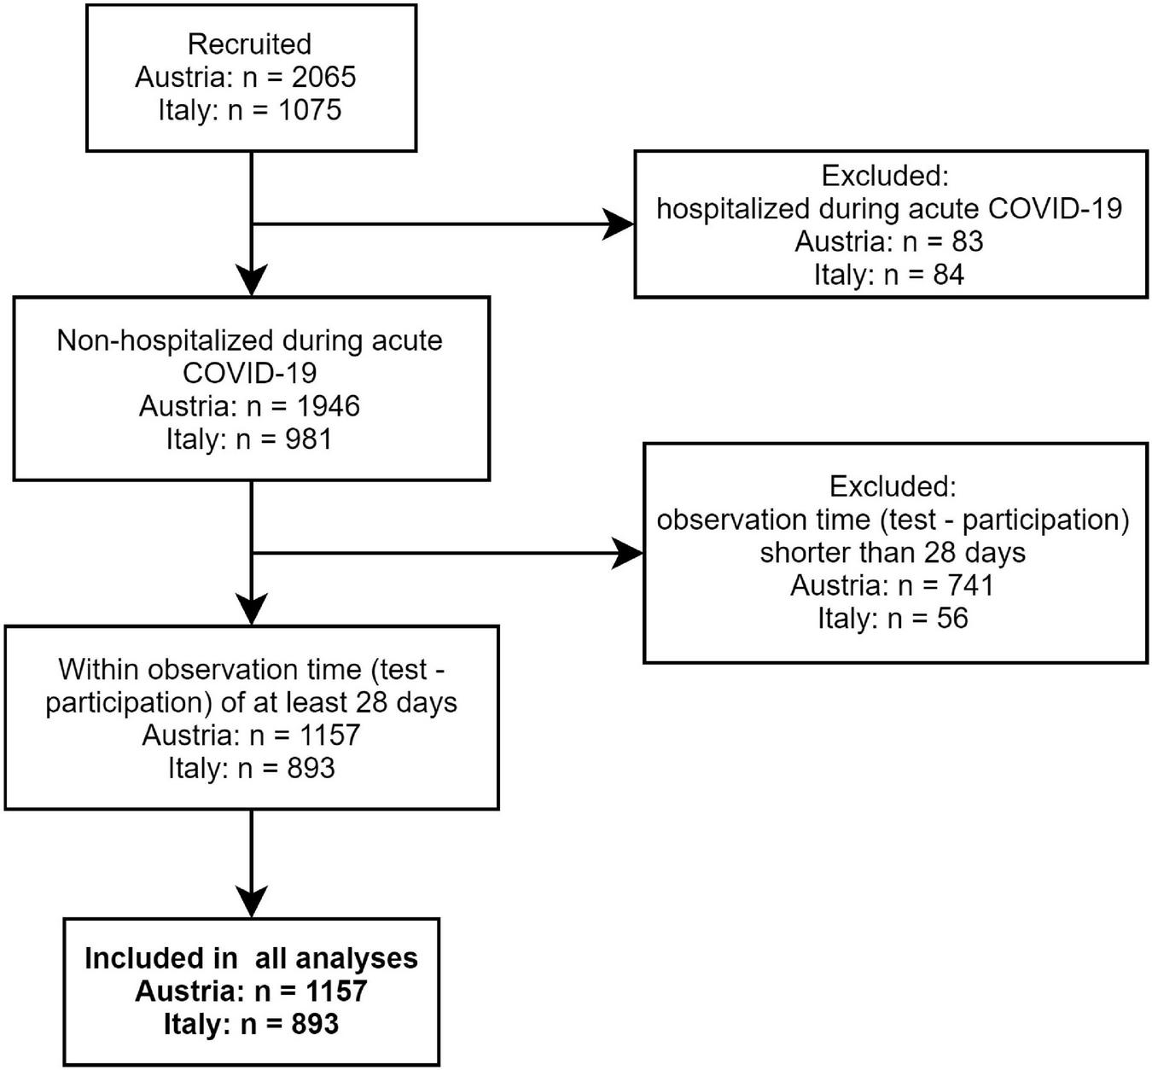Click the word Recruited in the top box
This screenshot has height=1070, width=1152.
tap(249, 44)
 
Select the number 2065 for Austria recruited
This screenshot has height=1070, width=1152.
tap(323, 78)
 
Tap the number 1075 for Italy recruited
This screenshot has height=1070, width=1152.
tap(309, 110)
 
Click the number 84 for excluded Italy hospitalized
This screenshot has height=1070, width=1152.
tap(947, 275)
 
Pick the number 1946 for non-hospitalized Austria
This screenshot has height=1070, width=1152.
tap(328, 406)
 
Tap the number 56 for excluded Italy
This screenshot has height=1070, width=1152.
tap(951, 618)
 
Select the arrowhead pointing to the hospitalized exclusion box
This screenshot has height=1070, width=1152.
tap(620, 224)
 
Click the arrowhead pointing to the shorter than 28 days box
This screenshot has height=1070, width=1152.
tap(628, 554)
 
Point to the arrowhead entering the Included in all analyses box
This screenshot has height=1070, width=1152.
tap(252, 901)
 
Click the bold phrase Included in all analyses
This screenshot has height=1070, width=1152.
tap(251, 958)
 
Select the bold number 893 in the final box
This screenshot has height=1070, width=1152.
tap(314, 1024)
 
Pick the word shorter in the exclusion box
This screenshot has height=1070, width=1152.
tap(806, 553)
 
